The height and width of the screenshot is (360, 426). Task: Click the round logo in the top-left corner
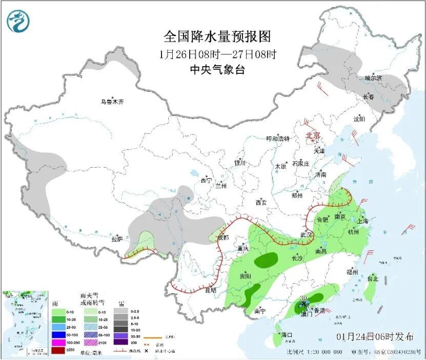click(x=18, y=21)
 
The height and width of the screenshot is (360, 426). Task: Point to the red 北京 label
click(x=313, y=136)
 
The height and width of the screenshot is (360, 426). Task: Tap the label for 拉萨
click(x=117, y=238)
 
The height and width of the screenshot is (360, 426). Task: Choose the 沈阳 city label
click(x=359, y=119)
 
